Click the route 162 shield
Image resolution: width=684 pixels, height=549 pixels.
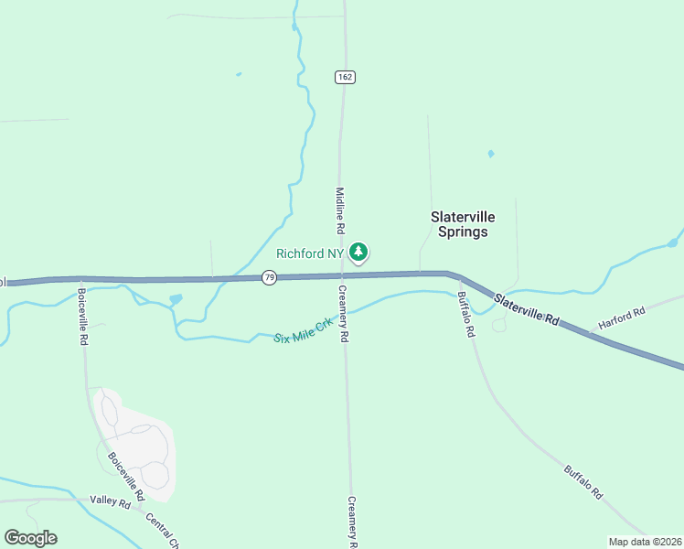coord(344,77)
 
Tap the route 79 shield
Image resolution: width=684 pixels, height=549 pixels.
coord(268,277)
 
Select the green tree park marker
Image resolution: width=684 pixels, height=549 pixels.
coord(359,252)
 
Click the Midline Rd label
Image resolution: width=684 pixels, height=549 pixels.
coord(339,210)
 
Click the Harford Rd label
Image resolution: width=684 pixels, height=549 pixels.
coord(622,318)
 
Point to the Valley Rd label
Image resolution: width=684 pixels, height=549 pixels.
coord(111,501)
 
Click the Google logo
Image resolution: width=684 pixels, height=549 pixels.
coord(30,538)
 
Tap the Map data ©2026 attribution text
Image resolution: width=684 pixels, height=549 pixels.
coord(645,542)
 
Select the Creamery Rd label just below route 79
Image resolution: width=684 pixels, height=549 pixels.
coord(344,314)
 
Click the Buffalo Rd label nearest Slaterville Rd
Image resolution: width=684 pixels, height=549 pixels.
coord(465,315)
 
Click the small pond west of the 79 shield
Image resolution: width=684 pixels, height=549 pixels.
coord(176,299)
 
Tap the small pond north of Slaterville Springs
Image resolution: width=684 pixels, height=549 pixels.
coord(491,154)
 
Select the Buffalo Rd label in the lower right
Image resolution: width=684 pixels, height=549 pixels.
coord(582,482)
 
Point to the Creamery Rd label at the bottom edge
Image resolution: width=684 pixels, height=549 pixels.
coord(352,522)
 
